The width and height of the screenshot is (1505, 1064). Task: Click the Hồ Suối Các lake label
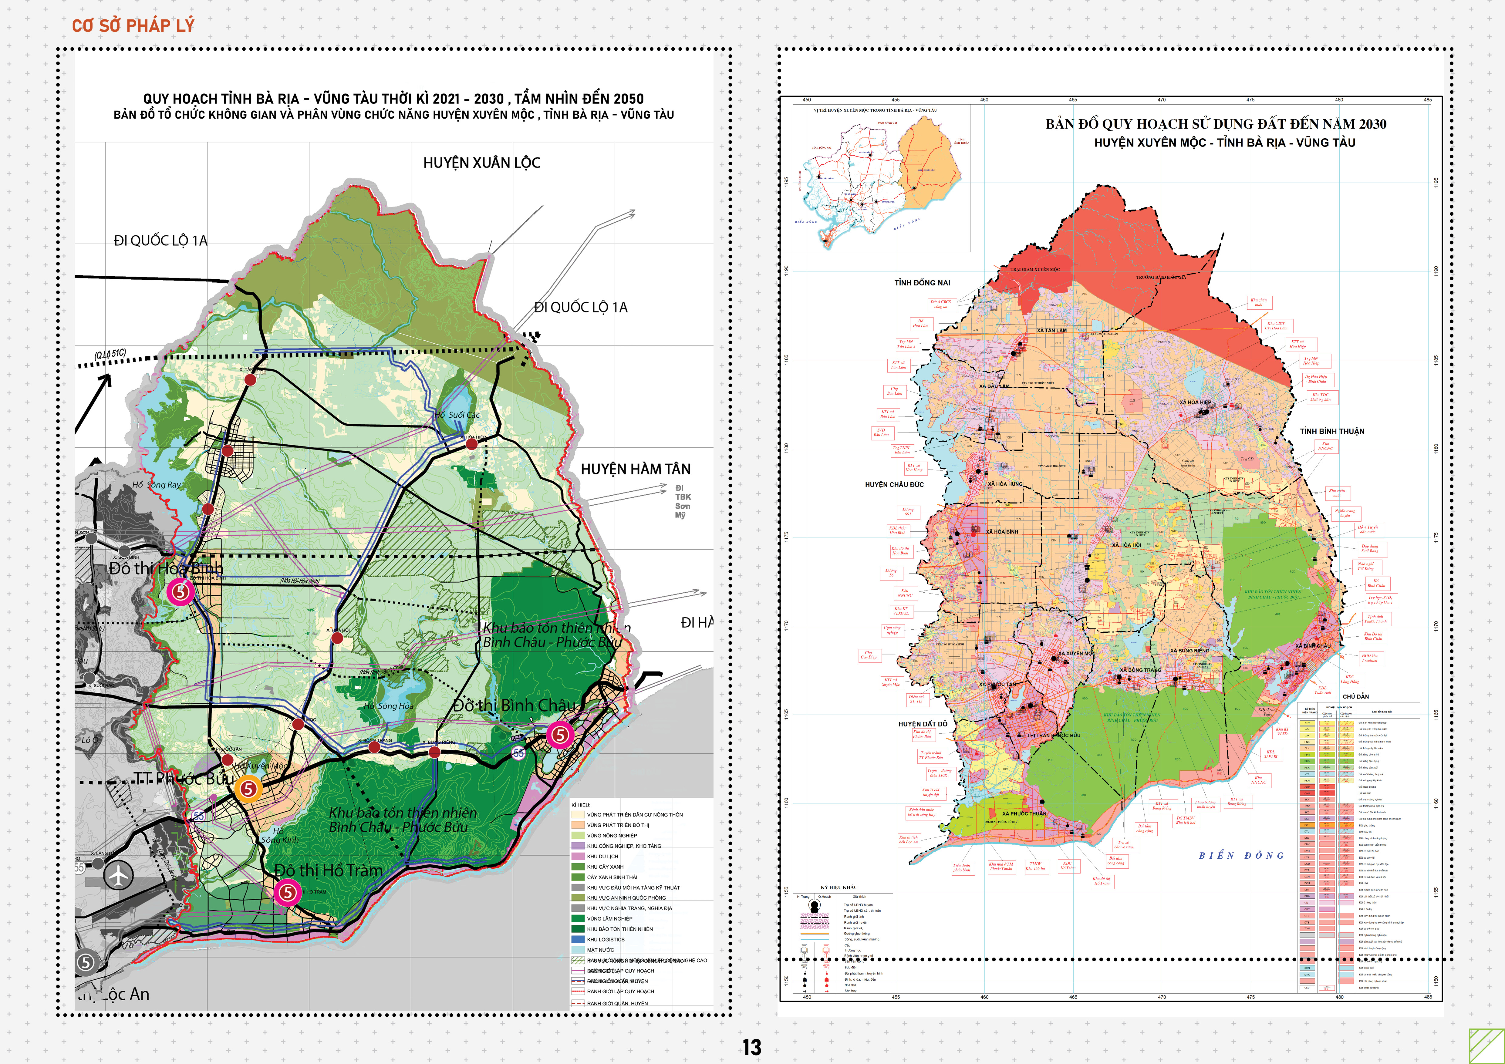point(457,415)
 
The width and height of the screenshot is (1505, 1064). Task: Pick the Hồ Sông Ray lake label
point(156,485)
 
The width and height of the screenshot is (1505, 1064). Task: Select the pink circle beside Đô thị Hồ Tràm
point(287,892)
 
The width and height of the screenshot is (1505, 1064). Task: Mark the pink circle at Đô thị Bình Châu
point(560,734)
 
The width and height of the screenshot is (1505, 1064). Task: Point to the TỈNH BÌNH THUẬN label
point(1332,431)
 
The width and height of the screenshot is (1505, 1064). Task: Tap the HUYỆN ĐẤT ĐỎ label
point(922,724)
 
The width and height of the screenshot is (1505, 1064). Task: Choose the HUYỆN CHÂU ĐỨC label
point(894,485)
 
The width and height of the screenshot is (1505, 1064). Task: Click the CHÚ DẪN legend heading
point(1355,696)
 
